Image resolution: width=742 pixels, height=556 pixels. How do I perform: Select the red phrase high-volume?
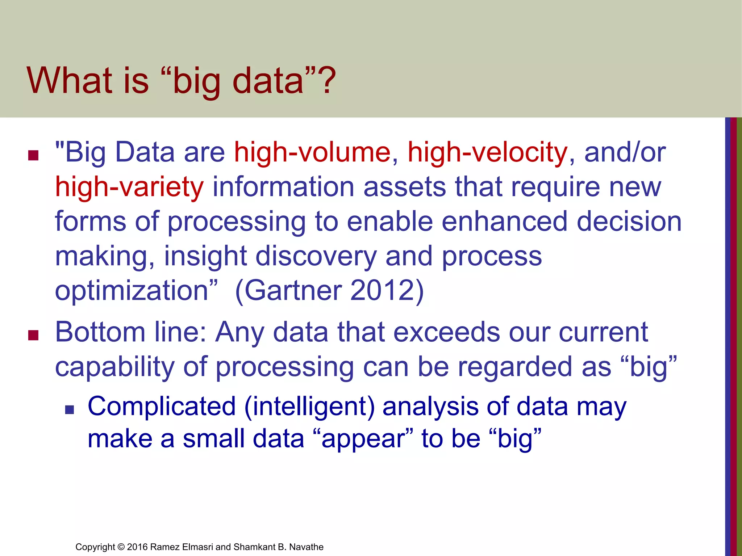click(x=312, y=152)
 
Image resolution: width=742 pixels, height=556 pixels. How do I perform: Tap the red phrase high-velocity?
click(x=487, y=152)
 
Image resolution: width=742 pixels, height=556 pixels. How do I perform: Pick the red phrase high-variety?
click(x=129, y=187)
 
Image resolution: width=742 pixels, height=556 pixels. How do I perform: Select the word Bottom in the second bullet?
click(x=100, y=332)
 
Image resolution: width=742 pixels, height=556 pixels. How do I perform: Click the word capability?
click(x=114, y=367)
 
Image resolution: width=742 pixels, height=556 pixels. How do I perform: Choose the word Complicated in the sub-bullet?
click(x=162, y=406)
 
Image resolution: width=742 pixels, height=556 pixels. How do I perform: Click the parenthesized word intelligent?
click(x=309, y=406)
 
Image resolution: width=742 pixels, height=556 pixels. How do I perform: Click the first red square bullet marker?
click(x=33, y=156)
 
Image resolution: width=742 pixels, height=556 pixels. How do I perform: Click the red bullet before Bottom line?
click(x=33, y=336)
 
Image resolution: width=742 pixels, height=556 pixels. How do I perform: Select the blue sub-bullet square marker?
click(x=69, y=410)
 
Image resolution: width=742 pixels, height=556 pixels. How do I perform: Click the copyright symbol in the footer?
click(x=121, y=547)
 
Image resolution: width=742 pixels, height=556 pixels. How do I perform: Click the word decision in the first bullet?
click(x=629, y=221)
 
